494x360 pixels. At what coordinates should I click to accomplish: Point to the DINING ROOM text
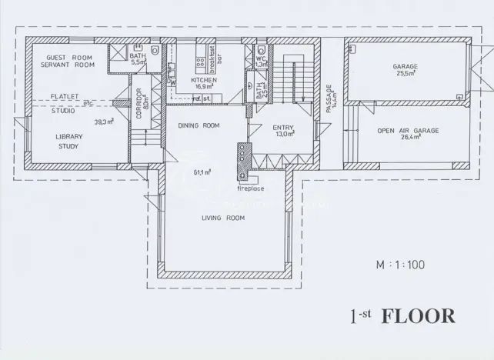(x=199, y=125)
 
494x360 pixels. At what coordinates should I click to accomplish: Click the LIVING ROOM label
(x=223, y=218)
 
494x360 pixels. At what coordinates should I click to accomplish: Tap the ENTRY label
(x=284, y=129)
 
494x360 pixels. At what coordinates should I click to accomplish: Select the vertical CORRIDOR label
(x=140, y=102)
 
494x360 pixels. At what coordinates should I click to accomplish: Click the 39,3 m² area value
(x=104, y=122)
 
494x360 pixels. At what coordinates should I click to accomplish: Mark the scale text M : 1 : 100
(x=400, y=265)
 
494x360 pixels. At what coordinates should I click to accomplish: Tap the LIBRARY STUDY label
(x=69, y=141)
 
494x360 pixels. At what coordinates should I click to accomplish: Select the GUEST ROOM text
(x=69, y=58)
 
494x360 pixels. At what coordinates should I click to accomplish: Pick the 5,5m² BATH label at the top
(x=138, y=58)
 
